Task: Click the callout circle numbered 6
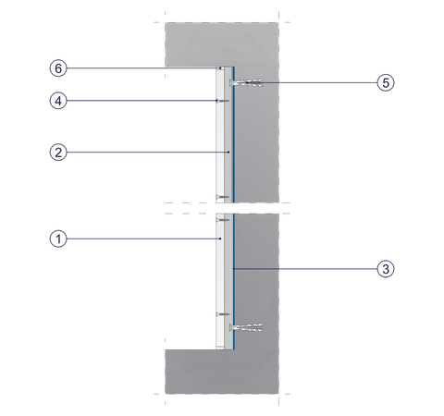pyautogui.click(x=58, y=68)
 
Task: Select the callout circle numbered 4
pyautogui.click(x=58, y=101)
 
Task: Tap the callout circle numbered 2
pyautogui.click(x=58, y=153)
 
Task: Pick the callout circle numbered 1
pyautogui.click(x=58, y=239)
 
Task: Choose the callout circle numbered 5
pyautogui.click(x=386, y=82)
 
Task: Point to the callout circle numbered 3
pyautogui.click(x=386, y=269)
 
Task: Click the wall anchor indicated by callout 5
pyautogui.click(x=246, y=82)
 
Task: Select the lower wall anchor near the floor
pyautogui.click(x=246, y=327)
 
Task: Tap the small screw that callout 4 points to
pyautogui.click(x=223, y=101)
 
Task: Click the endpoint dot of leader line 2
pyautogui.click(x=228, y=153)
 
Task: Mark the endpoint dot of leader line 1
pyautogui.click(x=220, y=239)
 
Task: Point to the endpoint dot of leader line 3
pyautogui.click(x=234, y=269)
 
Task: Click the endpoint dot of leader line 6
pyautogui.click(x=220, y=67)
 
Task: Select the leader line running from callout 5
pyautogui.click(x=312, y=82)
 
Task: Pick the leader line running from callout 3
pyautogui.click(x=305, y=269)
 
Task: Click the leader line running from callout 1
pyautogui.click(x=143, y=239)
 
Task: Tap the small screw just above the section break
pyautogui.click(x=223, y=197)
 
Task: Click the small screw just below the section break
pyautogui.click(x=223, y=220)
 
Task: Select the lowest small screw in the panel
pyautogui.click(x=223, y=314)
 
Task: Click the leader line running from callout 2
pyautogui.click(x=148, y=153)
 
